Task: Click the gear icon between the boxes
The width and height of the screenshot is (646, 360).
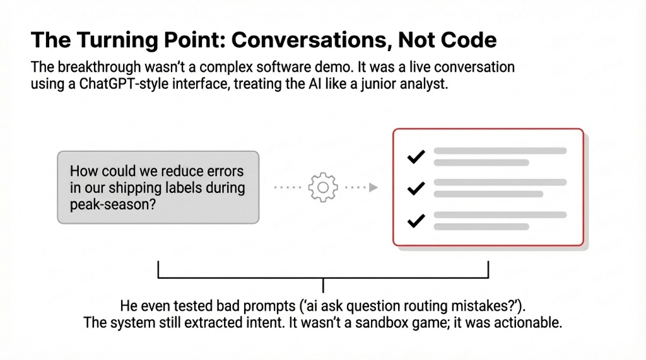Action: (322, 187)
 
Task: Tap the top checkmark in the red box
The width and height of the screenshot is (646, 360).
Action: (416, 156)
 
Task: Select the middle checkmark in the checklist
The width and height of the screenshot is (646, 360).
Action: (416, 188)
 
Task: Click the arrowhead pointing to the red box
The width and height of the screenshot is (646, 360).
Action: (373, 187)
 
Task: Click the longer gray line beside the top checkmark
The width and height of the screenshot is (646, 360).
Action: (500, 151)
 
